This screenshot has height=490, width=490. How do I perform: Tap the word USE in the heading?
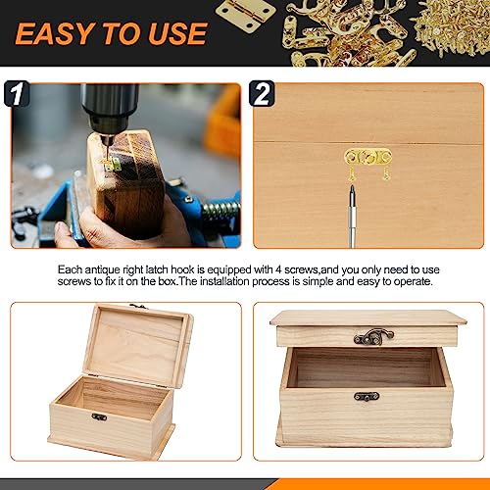click(178, 33)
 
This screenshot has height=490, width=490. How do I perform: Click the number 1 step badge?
click(17, 94)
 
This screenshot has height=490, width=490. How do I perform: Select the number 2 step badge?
click(262, 94)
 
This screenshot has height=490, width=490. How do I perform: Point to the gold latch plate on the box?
click(368, 158)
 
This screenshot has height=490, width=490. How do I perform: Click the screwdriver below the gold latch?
click(352, 216)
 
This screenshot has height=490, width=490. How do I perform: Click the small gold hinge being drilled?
click(113, 164)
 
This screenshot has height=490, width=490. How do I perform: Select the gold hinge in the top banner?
click(246, 14)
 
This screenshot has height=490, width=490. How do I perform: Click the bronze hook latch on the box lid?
click(373, 336)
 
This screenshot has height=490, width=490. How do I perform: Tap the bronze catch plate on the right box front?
click(367, 397)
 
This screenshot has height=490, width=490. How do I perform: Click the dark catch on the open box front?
click(99, 416)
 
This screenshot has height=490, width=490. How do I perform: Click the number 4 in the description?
click(278, 269)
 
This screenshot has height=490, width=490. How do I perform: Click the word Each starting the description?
click(70, 269)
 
